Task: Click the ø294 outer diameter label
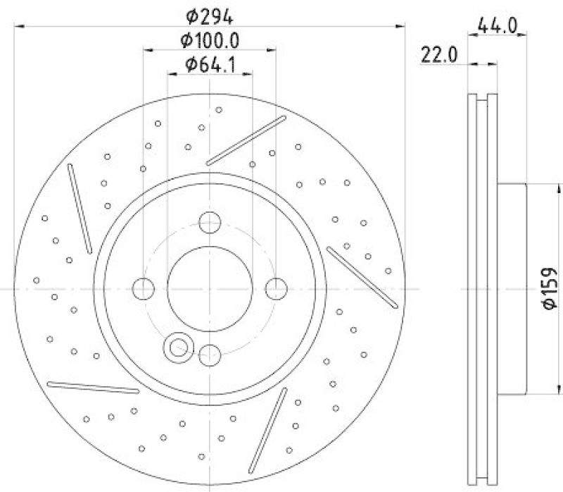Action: [210, 15]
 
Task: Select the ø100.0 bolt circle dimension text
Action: [209, 40]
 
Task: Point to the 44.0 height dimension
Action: [497, 25]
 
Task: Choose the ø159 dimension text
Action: [550, 288]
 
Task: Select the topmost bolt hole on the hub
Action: [210, 222]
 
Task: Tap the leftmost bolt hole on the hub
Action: [144, 288]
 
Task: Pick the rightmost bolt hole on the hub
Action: [276, 288]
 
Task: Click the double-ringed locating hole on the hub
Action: [177, 346]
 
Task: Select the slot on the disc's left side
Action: [80, 208]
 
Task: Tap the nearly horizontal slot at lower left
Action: [92, 387]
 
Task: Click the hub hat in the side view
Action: [512, 288]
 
